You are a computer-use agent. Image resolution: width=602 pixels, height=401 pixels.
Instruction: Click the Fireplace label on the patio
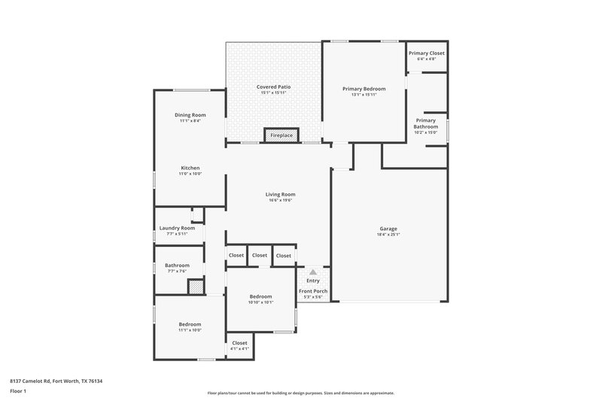click(282, 135)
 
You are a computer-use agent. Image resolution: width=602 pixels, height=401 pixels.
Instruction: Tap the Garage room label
click(388, 229)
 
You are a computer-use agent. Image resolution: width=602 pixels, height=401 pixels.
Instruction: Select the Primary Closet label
click(427, 53)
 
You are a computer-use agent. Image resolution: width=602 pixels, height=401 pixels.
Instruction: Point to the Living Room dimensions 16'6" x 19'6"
click(280, 200)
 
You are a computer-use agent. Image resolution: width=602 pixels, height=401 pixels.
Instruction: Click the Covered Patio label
click(273, 87)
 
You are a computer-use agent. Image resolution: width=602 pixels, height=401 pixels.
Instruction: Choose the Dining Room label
click(190, 115)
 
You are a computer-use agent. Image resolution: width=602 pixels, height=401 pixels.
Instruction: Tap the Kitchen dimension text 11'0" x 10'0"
click(190, 174)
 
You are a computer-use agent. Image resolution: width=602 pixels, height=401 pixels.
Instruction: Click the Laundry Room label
click(177, 228)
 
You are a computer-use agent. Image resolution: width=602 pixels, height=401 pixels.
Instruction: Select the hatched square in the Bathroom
click(195, 287)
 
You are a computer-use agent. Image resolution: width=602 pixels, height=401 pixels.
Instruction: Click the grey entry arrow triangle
click(312, 272)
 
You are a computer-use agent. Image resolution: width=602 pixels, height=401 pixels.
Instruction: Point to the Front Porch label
click(312, 290)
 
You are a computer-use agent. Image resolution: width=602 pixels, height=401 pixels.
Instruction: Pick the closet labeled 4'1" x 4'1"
click(239, 348)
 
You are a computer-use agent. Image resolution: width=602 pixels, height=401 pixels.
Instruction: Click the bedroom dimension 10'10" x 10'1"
click(261, 303)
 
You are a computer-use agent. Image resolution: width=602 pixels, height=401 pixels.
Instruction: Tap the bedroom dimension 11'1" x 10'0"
click(190, 330)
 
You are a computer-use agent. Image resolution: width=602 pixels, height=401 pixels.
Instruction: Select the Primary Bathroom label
click(425, 123)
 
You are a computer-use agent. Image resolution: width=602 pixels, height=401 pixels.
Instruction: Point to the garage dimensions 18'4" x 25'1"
click(388, 234)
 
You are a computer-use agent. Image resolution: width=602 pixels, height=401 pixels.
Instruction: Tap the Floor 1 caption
click(18, 391)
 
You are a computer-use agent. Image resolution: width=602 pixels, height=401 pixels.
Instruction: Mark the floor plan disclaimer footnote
click(300, 393)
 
